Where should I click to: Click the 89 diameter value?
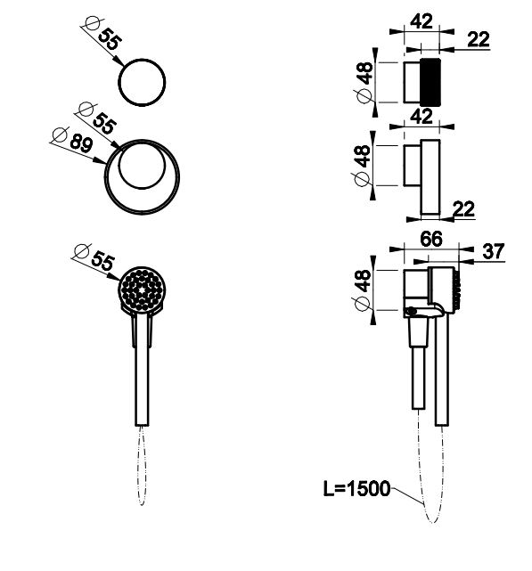point(81,143)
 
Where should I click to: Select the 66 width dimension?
point(431,239)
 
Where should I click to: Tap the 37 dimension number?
point(494,251)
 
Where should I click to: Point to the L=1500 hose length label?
point(356,488)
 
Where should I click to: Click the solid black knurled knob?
point(430,82)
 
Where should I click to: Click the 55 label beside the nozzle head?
point(102,260)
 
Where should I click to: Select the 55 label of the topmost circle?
point(109,39)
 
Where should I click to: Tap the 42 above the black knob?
point(422,21)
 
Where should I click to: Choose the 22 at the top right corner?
point(479,39)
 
